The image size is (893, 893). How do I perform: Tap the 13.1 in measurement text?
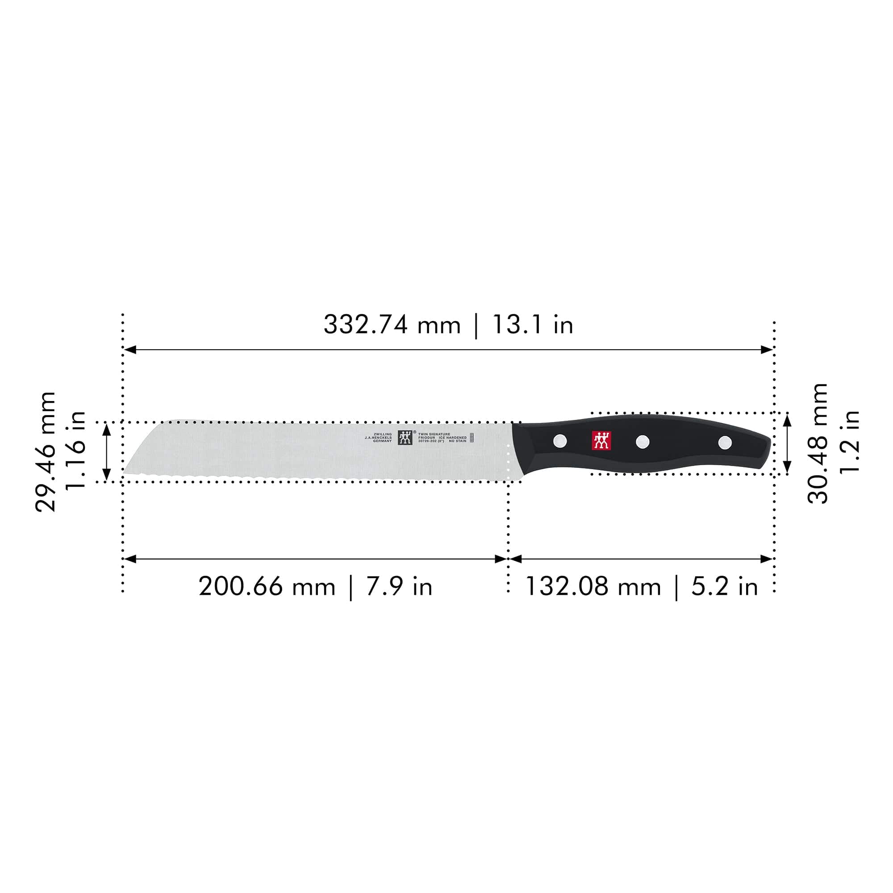(x=533, y=325)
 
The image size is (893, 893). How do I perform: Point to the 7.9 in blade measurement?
(x=399, y=587)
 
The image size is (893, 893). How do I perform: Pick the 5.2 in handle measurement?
(x=724, y=587)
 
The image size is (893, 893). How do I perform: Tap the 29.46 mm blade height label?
(x=45, y=451)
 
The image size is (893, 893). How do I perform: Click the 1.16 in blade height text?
(x=75, y=450)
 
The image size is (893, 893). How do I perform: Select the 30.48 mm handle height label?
(x=817, y=443)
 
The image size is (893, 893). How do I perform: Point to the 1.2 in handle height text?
(x=849, y=442)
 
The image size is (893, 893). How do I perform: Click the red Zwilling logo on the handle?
(x=601, y=441)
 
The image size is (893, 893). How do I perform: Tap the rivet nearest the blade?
(x=560, y=441)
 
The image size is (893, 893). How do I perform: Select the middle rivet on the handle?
(x=643, y=442)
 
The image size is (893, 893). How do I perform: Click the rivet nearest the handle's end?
(x=725, y=443)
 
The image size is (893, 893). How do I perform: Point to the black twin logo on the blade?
(x=405, y=437)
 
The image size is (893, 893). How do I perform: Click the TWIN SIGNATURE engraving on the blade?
(x=434, y=434)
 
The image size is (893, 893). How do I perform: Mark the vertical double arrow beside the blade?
(x=106, y=451)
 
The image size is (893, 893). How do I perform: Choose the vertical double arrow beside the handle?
(x=787, y=444)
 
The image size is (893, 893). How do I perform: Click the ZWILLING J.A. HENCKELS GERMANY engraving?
(x=379, y=437)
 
